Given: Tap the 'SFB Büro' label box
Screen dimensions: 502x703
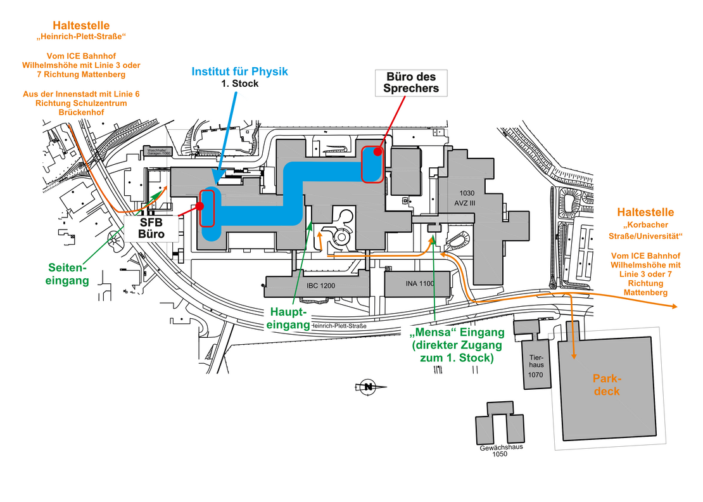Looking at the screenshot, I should (x=151, y=229).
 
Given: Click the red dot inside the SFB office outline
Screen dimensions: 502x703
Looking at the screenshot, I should (x=200, y=206).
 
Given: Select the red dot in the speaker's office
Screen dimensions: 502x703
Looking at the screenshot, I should (x=377, y=151).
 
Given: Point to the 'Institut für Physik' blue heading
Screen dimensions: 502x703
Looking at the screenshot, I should (x=239, y=71).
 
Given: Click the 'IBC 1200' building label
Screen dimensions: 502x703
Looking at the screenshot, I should (x=320, y=286).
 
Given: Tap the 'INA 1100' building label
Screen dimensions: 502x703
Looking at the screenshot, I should (x=420, y=283).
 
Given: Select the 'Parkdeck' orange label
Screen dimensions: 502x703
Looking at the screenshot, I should (x=607, y=385).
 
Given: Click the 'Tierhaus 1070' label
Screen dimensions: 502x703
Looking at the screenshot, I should (x=536, y=366).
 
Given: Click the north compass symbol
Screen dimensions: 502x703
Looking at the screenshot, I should (x=366, y=387).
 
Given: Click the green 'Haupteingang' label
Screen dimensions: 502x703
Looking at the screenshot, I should (x=289, y=319).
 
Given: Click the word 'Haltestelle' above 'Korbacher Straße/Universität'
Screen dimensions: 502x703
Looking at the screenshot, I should (x=645, y=212).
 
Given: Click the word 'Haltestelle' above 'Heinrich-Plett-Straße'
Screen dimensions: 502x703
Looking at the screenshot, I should (x=81, y=25).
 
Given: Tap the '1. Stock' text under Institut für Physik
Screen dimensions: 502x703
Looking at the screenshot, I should (x=239, y=84).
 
